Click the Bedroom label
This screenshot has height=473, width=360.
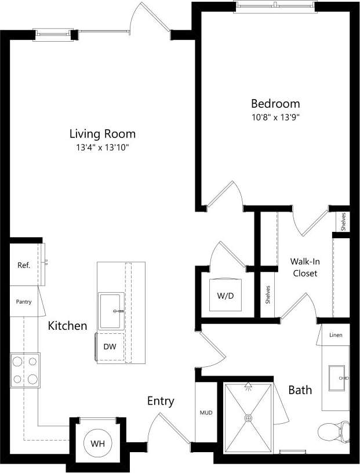(x=275, y=104)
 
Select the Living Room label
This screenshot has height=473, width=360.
(x=103, y=134)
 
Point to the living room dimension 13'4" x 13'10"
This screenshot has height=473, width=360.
(x=103, y=147)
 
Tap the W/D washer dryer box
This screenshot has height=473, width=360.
(x=226, y=296)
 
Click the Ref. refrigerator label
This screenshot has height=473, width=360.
(x=24, y=265)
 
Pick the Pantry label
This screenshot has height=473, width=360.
(x=24, y=301)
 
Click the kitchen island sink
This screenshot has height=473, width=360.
(x=111, y=311)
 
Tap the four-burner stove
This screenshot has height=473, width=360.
(x=25, y=370)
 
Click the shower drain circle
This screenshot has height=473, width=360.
(x=249, y=417)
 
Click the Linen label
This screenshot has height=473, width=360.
(x=336, y=336)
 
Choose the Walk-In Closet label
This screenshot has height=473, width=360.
(x=304, y=267)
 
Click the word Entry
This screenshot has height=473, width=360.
(x=161, y=401)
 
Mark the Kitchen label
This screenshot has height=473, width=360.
(x=67, y=326)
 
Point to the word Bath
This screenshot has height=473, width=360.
(x=300, y=390)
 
